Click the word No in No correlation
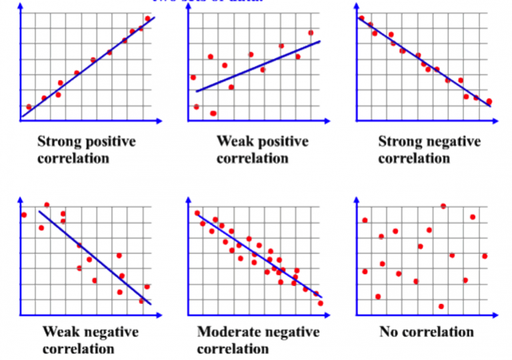coord(389,332)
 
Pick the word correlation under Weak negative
coord(79,349)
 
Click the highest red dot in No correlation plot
coord(443,206)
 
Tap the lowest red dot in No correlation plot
coord(441,307)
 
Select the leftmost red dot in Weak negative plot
coord(24,215)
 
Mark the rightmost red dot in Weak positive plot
coord(311,33)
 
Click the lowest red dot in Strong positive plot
coord(29,107)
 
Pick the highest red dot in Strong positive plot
coord(147,19)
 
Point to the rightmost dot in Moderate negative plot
coord(321,303)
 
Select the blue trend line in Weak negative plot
coord(93,257)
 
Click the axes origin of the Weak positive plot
coord(189,121)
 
